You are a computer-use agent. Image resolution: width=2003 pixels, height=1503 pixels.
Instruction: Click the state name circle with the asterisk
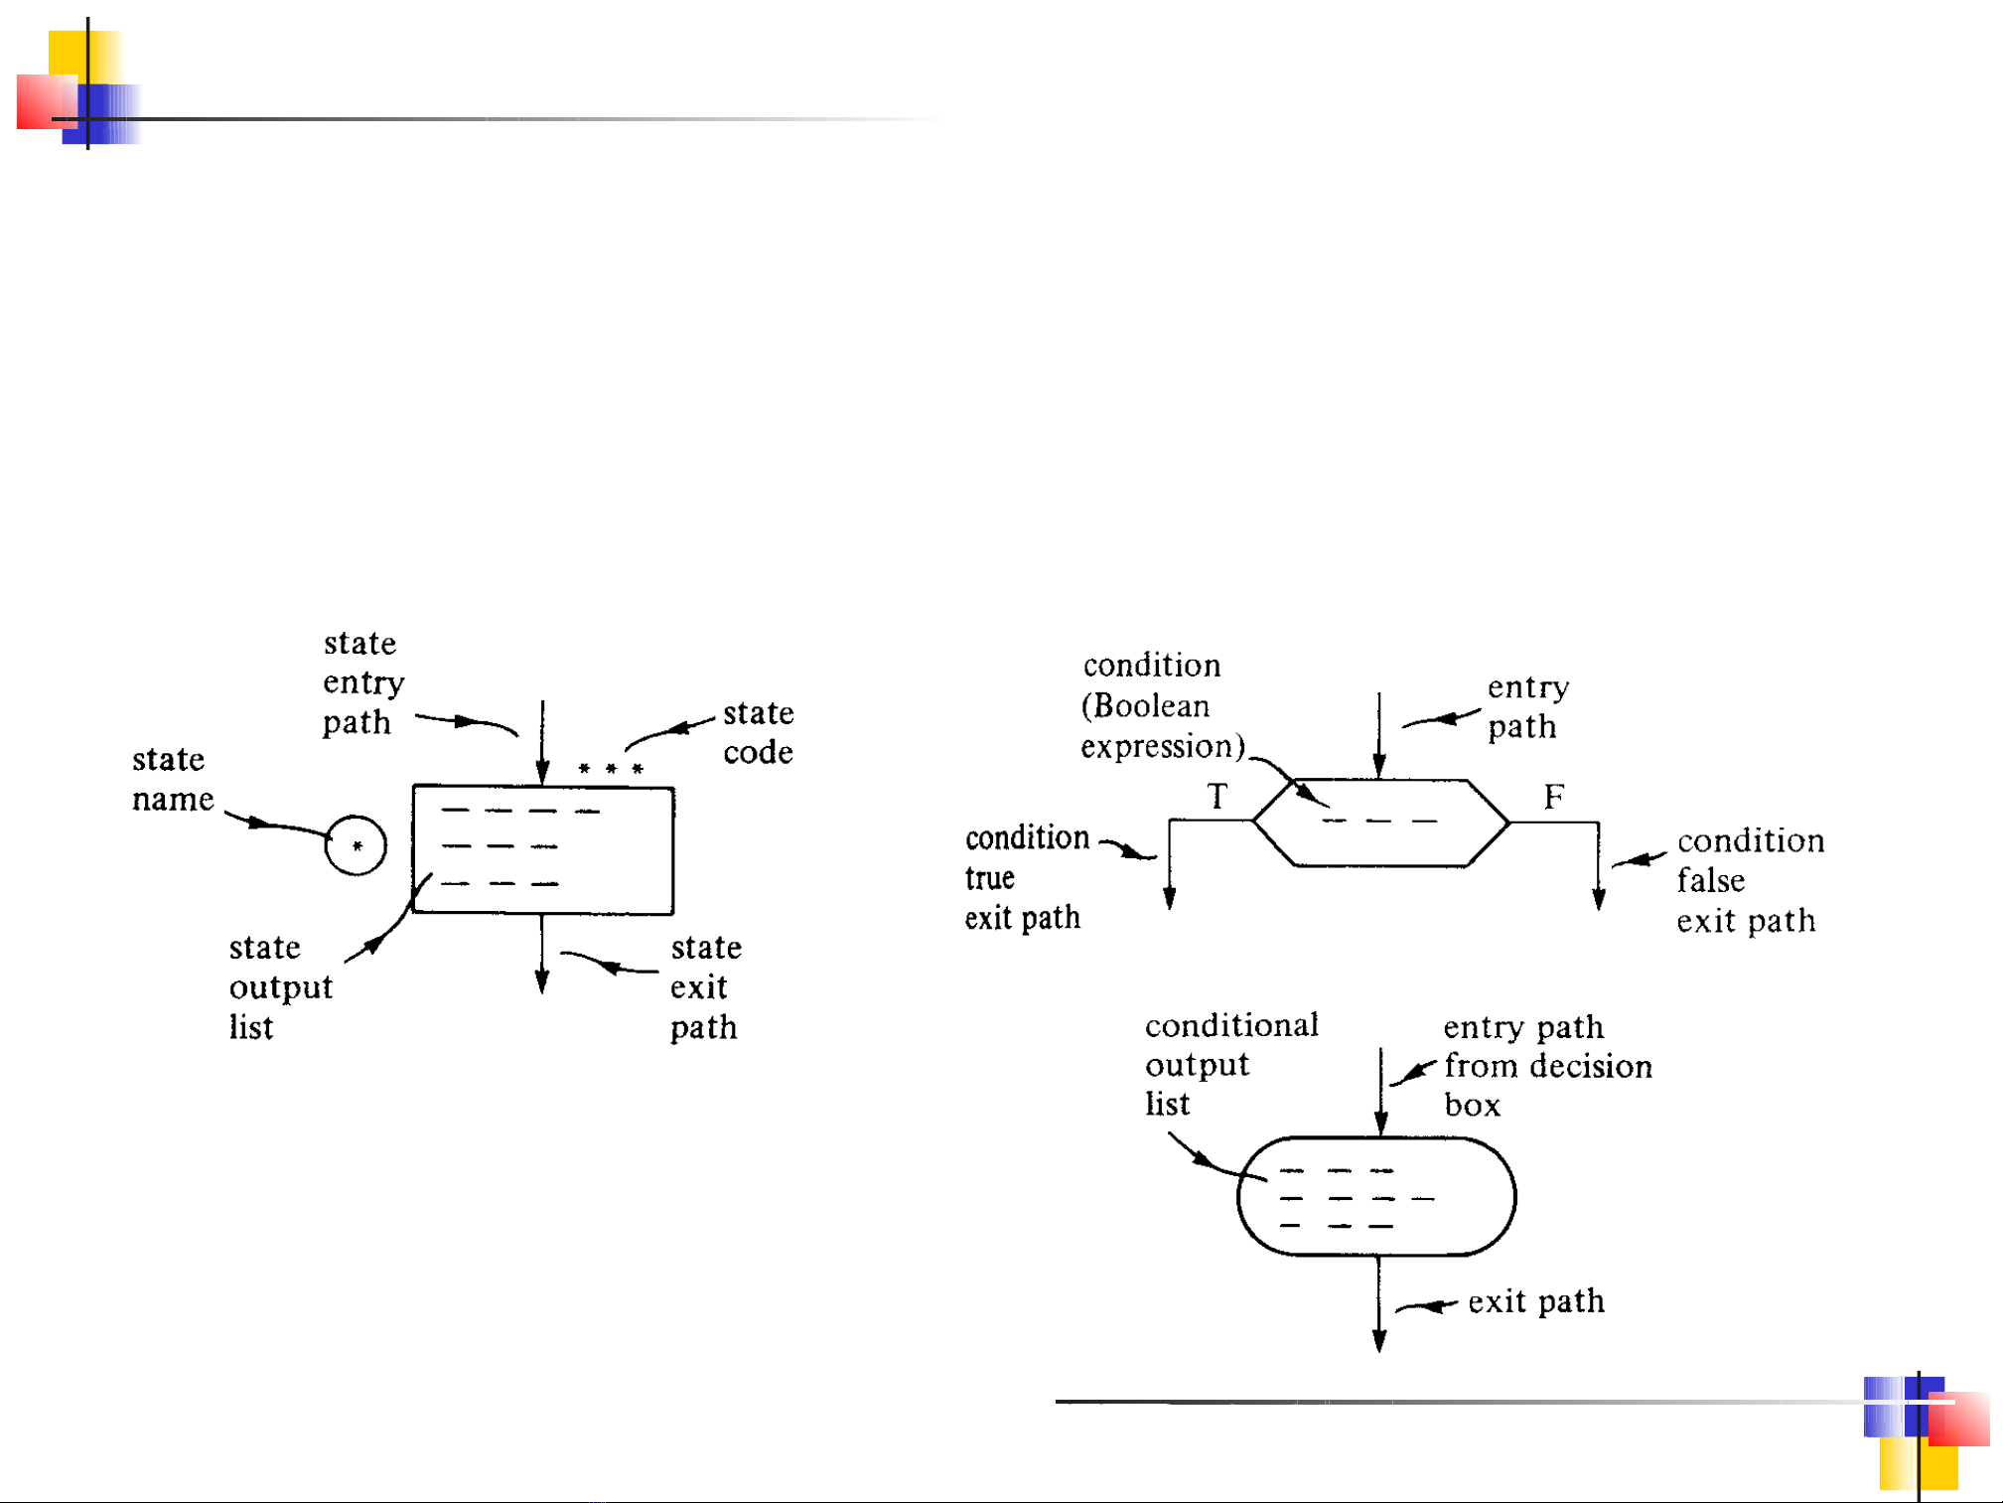pos(356,845)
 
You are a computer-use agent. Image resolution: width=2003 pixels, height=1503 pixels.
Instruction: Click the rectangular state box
pos(543,849)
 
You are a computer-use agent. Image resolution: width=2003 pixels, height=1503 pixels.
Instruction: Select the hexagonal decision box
pos(1380,823)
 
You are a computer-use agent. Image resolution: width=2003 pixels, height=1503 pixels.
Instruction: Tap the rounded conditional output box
pos(1376,1196)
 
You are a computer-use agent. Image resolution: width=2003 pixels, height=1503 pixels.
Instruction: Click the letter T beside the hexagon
pos(1217,797)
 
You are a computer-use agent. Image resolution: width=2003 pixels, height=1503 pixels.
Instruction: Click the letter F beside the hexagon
pos(1554,797)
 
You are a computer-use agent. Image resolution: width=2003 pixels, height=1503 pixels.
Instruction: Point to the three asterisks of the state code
pos(611,769)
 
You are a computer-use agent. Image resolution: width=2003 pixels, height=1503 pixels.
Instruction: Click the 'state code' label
pos(758,732)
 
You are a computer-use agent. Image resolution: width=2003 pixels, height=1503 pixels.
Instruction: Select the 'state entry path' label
pos(363,682)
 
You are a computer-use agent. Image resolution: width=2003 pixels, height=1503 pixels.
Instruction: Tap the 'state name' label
pos(173,779)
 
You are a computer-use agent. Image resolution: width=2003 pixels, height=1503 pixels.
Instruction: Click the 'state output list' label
pos(280,986)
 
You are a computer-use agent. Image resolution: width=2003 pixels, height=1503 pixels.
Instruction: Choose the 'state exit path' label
pos(705,986)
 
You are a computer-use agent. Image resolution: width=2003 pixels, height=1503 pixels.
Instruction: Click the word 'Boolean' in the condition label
pos(1152,706)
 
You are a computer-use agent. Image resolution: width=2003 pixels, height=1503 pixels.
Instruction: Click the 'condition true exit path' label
pos(1026,878)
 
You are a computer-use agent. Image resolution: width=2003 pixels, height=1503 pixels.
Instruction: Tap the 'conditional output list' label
pos(1231,1064)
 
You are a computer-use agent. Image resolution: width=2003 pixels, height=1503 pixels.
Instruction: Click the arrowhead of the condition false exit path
pos(1599,899)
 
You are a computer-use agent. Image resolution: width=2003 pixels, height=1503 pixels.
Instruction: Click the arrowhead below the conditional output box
pos(1379,1341)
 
